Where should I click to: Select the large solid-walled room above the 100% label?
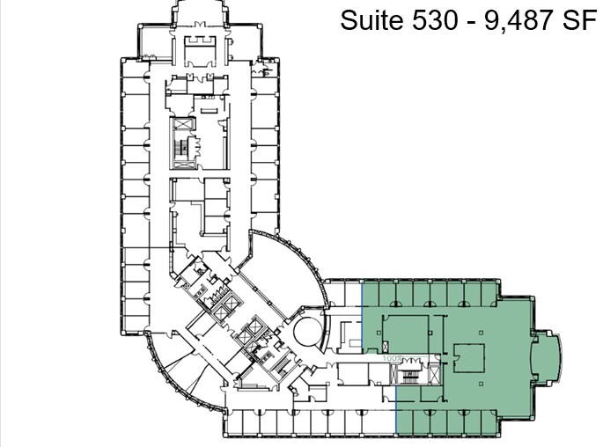tap(403, 330)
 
